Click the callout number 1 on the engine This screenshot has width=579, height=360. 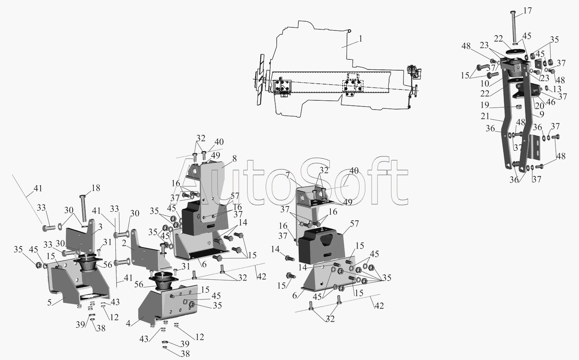361,39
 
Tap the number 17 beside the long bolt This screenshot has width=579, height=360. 528,10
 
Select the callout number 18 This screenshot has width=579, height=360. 96,188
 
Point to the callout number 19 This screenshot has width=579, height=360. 485,105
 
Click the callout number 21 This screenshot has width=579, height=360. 485,116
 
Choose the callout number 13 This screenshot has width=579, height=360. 557,89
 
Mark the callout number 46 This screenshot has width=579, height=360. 551,101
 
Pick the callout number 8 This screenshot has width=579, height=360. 234,159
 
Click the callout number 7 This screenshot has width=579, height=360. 288,175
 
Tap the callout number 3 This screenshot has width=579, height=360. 100,227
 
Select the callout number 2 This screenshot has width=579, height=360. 124,243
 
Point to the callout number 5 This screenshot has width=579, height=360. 49,303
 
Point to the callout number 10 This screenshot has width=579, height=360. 485,83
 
